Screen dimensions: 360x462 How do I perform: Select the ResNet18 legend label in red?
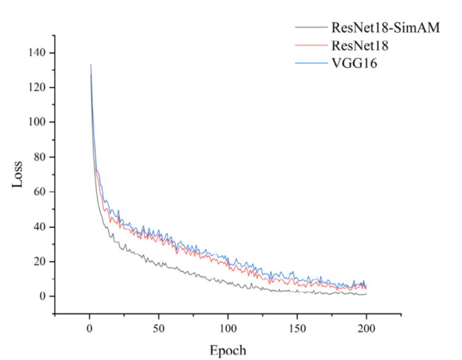tap(359, 45)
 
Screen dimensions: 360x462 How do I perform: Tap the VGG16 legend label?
tap(352, 62)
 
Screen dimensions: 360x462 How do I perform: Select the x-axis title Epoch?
tap(228, 350)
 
